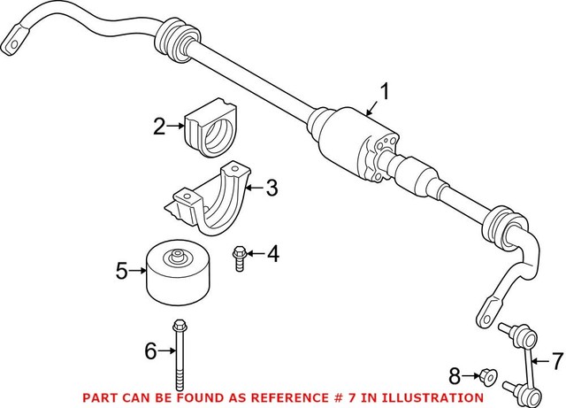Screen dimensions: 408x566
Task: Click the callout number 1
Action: coord(385,92)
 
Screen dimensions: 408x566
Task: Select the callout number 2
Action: coord(159,127)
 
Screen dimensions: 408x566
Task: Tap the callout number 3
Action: coord(272,187)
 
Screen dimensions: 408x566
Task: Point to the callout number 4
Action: coord(272,255)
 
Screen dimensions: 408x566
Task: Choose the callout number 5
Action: coord(121,271)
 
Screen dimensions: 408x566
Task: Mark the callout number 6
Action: coord(149,351)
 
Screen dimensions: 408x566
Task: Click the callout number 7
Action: coord(557,361)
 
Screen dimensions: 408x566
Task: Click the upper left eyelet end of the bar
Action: coord(19,41)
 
